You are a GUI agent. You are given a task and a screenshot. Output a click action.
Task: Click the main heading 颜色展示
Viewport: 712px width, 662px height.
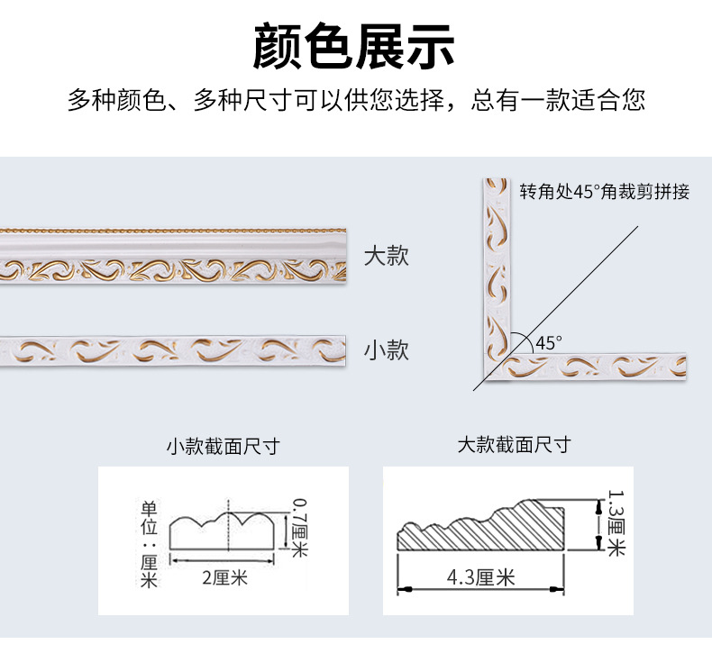355,47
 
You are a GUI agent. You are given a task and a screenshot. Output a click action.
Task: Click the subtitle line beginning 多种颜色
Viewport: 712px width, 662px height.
355,100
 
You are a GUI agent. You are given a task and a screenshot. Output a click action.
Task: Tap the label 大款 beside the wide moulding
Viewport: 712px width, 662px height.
387,256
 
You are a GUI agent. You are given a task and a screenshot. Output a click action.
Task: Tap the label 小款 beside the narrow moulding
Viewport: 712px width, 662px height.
387,349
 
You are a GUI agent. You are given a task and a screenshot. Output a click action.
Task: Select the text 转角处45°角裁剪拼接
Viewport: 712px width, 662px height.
604,192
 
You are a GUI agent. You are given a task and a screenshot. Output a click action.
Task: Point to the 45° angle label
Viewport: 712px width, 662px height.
548,342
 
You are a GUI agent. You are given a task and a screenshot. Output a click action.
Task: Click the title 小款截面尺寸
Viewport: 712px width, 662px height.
223,446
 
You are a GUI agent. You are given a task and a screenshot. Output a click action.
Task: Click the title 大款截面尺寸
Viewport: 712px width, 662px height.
514,445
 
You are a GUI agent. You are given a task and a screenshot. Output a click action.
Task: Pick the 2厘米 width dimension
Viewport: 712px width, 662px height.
224,577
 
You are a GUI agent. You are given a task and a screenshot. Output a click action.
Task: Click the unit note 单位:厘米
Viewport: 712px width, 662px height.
150,544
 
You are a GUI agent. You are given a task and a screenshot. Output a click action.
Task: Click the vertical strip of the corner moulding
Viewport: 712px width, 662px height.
495,270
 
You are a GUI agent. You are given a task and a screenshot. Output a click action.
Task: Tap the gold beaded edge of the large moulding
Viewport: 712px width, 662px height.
171,231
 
